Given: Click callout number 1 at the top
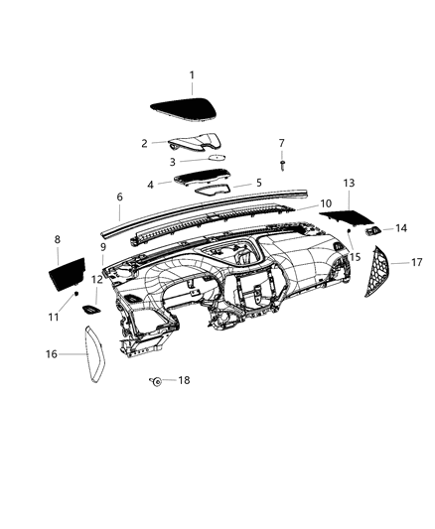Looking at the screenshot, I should click(192, 75).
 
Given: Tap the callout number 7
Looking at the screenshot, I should click(281, 143).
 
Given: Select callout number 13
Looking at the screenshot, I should click(349, 184).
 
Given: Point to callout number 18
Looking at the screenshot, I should click(184, 380).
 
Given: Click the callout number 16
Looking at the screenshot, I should click(51, 353).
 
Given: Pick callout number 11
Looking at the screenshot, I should click(56, 316).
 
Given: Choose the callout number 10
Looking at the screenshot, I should click(325, 203).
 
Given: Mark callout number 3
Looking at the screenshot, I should click(172, 162).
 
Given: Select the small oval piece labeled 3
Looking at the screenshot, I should click(213, 158).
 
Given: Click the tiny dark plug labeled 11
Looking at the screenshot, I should click(75, 295).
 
